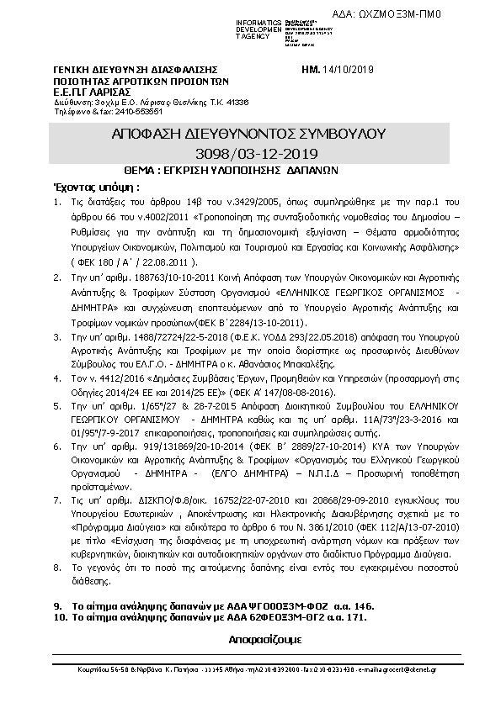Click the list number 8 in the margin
tap(56, 568)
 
